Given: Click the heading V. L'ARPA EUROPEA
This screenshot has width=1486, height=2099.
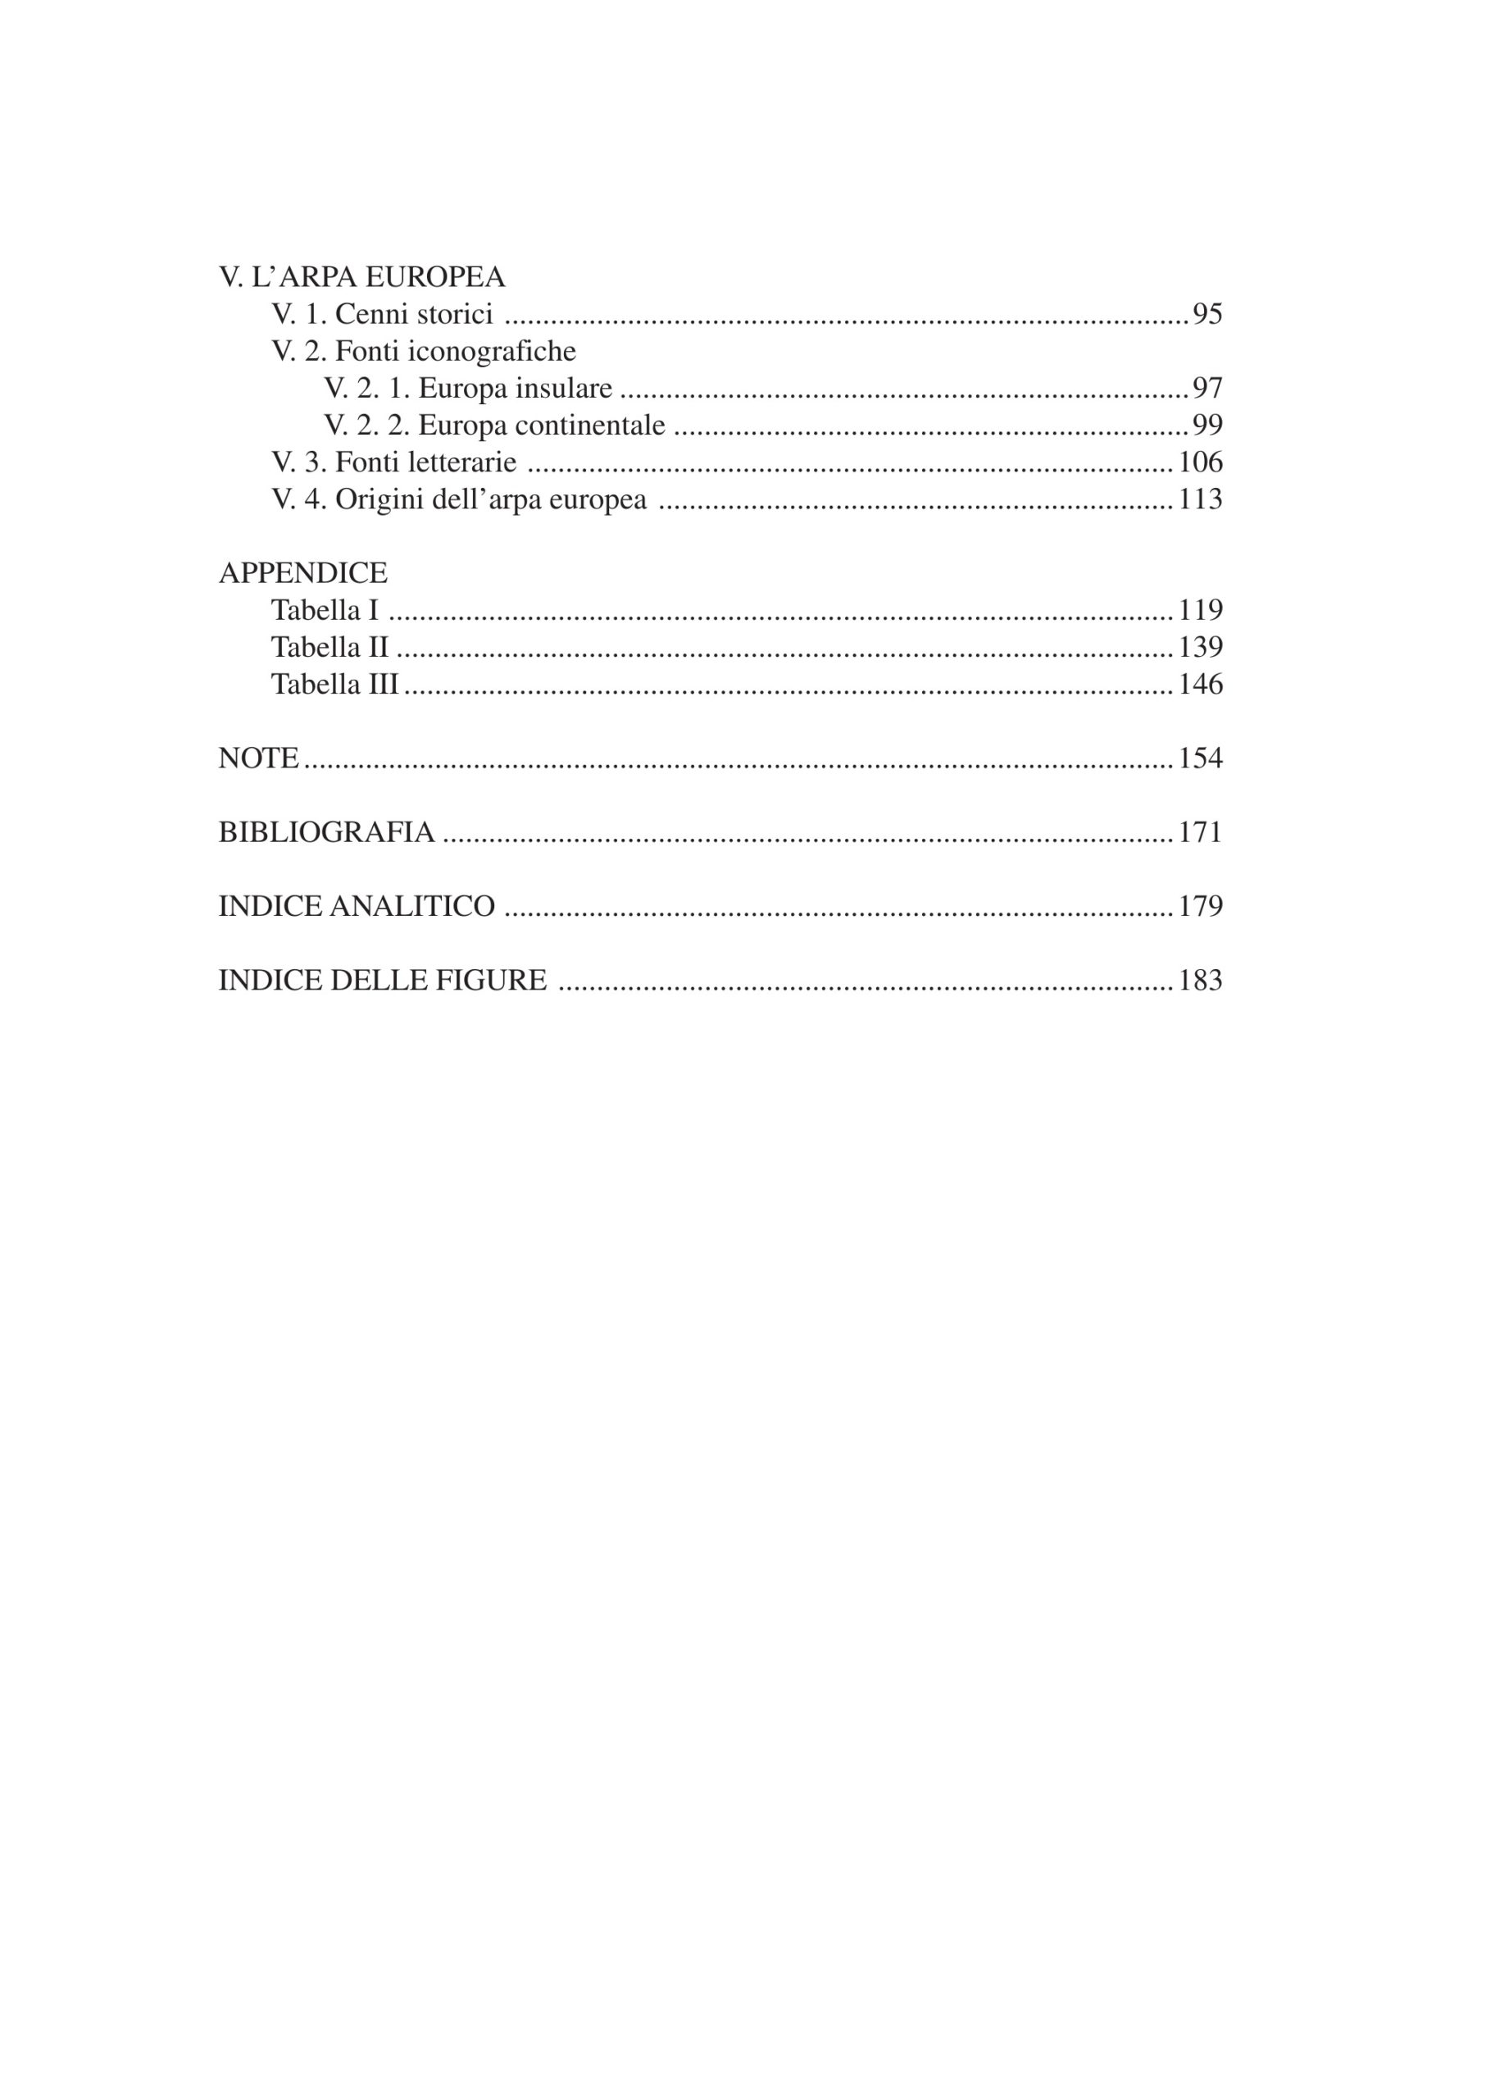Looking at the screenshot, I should tap(361, 276).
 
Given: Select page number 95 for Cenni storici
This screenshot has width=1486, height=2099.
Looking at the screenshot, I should tap(1207, 314).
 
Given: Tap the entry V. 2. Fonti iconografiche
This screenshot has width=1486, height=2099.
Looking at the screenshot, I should tap(423, 351).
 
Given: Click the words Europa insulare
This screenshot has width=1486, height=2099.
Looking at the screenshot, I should tap(516, 388).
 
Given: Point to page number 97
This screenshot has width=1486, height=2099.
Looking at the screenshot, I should tap(1207, 388).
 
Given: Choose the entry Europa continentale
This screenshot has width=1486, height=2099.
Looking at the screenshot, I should tap(541, 425).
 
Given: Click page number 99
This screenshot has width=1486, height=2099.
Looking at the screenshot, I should tap(1207, 425).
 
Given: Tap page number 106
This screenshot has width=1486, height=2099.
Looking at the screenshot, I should tap(1200, 462).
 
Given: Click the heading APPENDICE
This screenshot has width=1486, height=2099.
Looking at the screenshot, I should tap(303, 573).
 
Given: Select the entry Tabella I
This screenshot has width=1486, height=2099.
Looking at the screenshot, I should tap(324, 610).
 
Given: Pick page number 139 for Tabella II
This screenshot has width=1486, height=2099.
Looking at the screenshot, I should tap(1200, 647).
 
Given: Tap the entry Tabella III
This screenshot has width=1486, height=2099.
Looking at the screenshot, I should tap(335, 684).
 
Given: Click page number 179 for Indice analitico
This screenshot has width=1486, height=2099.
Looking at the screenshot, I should tap(1200, 906).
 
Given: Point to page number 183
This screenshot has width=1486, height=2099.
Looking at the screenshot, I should tap(1200, 981).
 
